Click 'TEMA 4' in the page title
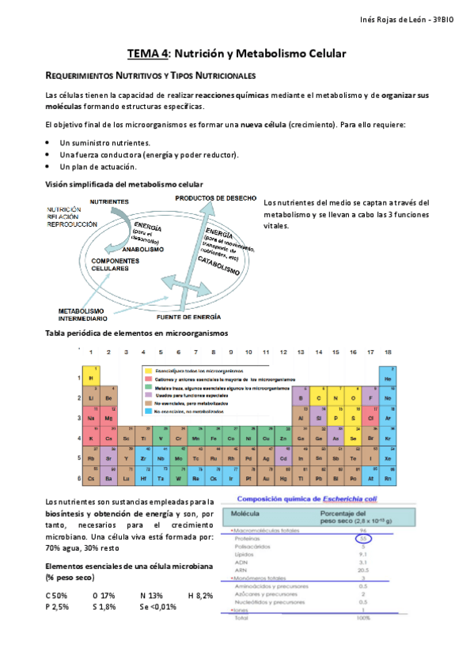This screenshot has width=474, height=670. point(148,53)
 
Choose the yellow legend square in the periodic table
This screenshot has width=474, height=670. point(147,370)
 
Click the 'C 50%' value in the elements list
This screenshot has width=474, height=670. point(56,595)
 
